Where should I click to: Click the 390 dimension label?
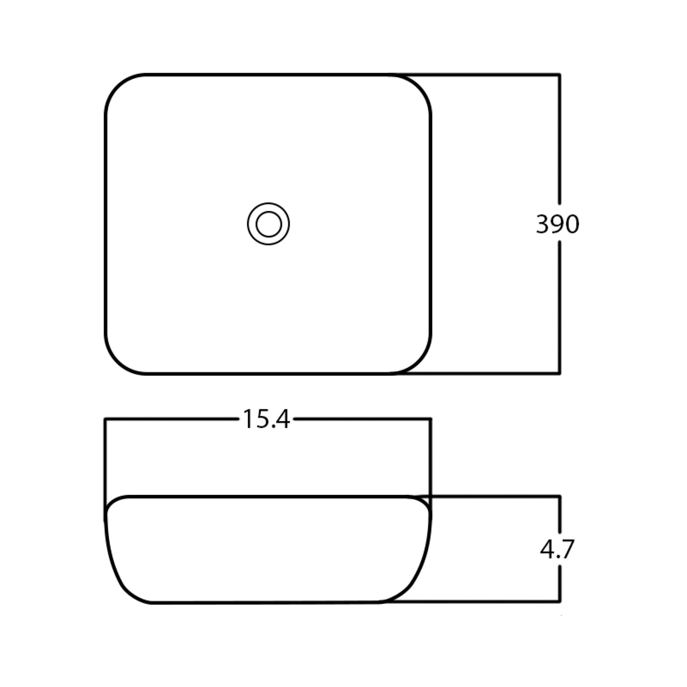click(558, 224)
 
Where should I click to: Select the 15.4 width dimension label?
click(266, 419)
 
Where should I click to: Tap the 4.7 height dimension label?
click(557, 550)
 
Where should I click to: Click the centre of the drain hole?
click(269, 223)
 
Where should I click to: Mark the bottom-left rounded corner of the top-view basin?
click(117, 362)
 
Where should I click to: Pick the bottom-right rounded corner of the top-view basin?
click(419, 362)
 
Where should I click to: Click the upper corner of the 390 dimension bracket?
click(560, 75)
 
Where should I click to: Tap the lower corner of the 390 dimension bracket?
click(560, 374)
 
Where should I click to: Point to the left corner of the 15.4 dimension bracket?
click(105, 419)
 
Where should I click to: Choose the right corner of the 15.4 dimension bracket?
click(430, 419)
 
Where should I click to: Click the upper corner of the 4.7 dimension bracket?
click(560, 496)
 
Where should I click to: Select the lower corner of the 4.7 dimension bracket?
click(560, 601)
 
